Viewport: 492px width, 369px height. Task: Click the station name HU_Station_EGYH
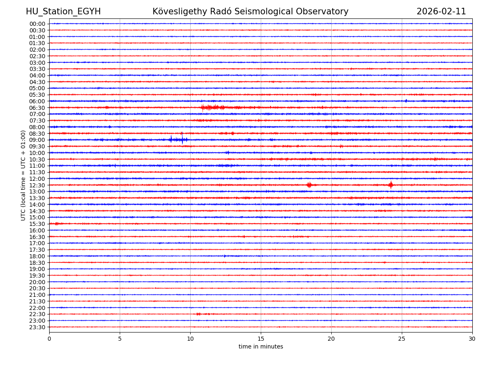(63, 12)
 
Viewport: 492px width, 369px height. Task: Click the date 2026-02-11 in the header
(441, 12)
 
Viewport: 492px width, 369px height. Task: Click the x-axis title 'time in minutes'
(261, 347)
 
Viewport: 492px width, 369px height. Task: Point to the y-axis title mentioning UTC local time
(23, 175)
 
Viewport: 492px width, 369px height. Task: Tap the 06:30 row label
(37, 108)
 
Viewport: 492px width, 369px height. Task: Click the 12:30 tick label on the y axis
(37, 185)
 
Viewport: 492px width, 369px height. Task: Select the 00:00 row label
(37, 24)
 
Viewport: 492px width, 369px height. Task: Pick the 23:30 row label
(37, 327)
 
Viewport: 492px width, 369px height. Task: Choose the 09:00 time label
(37, 140)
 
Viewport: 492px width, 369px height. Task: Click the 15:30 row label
(37, 224)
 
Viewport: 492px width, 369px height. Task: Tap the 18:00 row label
(37, 256)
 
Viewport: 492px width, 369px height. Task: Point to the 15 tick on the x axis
(261, 339)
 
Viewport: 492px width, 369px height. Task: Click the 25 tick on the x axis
(402, 339)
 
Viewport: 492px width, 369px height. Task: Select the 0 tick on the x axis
(49, 339)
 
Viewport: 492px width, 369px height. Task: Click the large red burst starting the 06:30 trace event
(207, 107)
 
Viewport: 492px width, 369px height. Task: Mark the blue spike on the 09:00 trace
(171, 139)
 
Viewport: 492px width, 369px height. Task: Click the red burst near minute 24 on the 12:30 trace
(391, 185)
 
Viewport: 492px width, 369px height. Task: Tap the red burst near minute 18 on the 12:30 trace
(309, 185)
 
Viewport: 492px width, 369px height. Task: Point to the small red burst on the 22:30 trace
(199, 314)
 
